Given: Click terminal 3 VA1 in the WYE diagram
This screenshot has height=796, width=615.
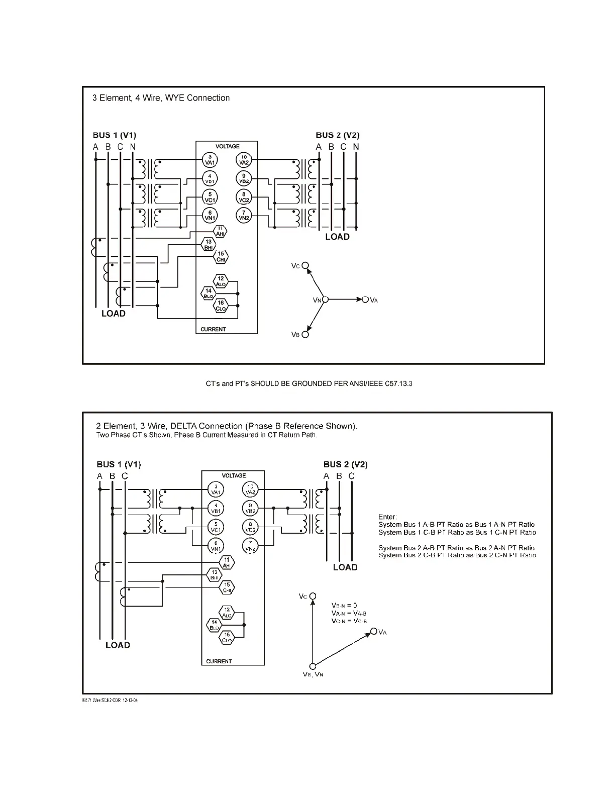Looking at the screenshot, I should coord(210,160).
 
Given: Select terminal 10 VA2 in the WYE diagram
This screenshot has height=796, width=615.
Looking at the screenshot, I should coord(244,160).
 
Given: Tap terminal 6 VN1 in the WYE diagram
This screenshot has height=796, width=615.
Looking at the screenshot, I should coord(210,215).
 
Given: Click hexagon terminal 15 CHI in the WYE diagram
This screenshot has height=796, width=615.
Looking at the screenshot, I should coord(221,257).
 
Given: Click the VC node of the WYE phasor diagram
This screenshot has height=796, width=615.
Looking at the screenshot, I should coord(305,266).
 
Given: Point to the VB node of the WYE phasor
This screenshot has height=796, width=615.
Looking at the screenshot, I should coord(305,334).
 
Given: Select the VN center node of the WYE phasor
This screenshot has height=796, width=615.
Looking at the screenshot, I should coord(325,300).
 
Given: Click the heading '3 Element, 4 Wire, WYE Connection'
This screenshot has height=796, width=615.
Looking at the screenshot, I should coord(161,98).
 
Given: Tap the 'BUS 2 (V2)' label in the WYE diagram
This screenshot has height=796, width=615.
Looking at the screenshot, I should coord(337,135).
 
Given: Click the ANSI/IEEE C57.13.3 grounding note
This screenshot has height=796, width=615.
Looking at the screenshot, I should coord(309,384).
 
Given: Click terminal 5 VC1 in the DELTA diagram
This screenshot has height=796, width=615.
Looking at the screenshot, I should coord(216,527).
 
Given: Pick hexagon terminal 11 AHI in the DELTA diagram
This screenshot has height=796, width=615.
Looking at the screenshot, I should coord(227,563).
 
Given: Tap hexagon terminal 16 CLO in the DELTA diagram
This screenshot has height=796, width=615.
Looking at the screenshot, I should coord(227,638).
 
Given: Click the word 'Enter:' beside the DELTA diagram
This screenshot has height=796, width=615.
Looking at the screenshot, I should coord(387,517).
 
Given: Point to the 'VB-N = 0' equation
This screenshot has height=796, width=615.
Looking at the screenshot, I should coord(344,606).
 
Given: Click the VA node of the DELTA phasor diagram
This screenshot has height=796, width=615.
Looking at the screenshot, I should coord(373,631).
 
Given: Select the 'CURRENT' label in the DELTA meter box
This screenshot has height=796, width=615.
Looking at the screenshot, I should coord(219,661).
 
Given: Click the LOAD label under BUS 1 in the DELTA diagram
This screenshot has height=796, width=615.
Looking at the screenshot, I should coord(118,645).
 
